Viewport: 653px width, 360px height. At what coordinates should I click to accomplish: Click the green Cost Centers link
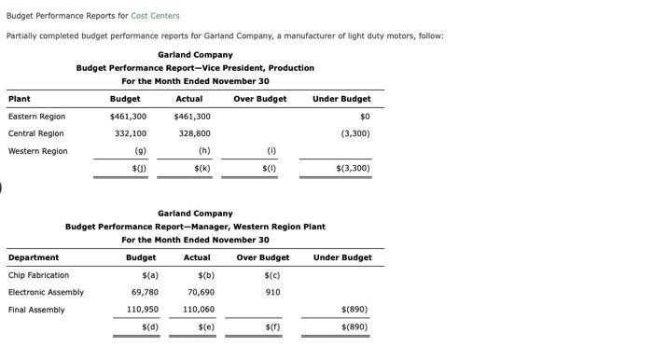[155, 16]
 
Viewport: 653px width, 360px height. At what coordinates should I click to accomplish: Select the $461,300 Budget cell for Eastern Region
[128, 117]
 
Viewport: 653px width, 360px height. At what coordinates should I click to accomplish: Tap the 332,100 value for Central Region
[131, 133]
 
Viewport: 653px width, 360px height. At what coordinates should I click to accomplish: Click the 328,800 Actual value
[194, 133]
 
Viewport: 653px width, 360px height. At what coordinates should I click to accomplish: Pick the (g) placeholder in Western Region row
[140, 151]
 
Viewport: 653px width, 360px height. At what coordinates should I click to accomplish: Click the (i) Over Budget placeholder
[271, 151]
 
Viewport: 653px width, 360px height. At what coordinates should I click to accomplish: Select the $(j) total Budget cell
[139, 169]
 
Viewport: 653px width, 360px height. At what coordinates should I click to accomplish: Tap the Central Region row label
[36, 133]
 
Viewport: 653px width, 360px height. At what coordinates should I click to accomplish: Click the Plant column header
[19, 99]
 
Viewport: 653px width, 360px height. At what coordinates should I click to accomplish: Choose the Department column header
[34, 257]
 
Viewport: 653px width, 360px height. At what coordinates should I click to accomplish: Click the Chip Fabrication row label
[38, 275]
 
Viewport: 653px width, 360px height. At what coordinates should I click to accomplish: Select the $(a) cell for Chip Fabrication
[149, 275]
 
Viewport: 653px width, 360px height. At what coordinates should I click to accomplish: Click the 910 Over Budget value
[272, 292]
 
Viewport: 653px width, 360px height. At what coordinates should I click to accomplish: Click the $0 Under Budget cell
[365, 117]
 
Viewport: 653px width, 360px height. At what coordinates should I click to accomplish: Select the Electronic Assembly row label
[46, 292]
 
